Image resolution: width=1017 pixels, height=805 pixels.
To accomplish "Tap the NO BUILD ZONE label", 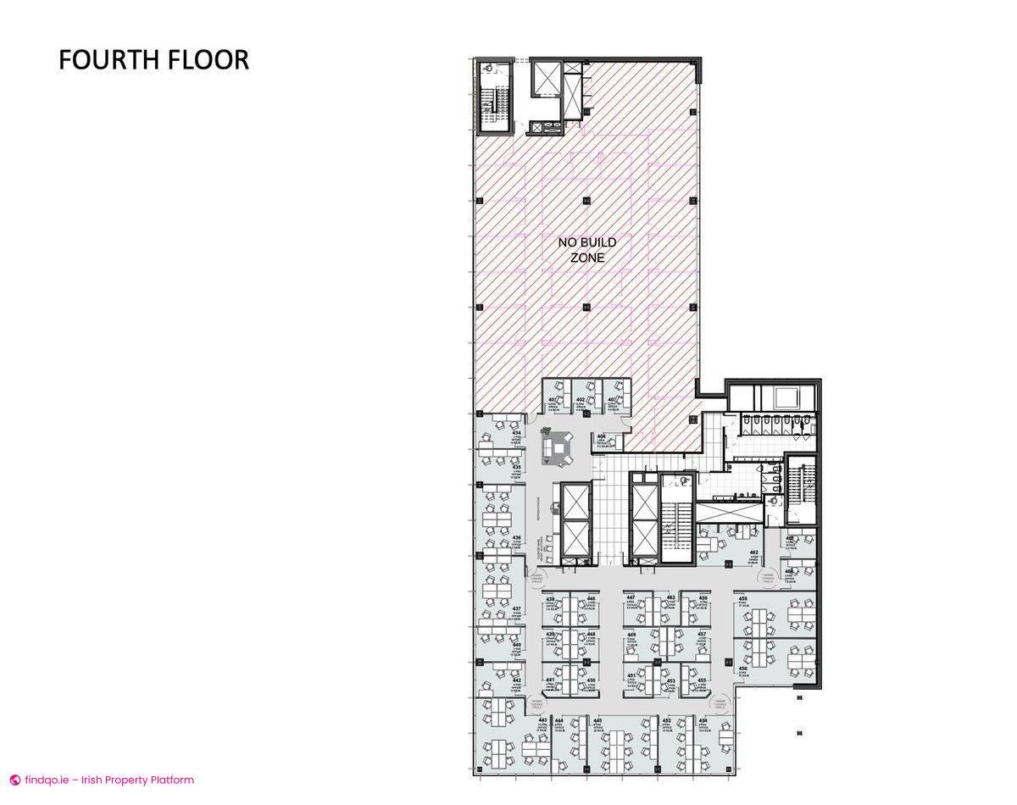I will pos(586,250).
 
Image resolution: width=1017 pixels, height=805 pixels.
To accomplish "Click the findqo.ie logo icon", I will pos(14,780).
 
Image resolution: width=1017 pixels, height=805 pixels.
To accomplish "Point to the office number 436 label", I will pos(516,538).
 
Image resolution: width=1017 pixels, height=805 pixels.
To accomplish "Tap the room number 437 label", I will pos(516,609).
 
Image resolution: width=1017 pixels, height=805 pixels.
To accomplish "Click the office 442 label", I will pos(516,680).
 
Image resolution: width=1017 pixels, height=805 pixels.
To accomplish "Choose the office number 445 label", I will pos(597,721).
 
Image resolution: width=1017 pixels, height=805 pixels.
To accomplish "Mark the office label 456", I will pos(742,669).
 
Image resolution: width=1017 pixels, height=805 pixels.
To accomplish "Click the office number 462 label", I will pos(753,552).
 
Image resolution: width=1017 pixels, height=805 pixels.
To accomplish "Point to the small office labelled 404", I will pos(601,436).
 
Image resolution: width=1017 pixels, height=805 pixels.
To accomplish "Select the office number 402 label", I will pos(581,400).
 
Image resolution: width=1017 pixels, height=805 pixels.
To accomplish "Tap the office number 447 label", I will pos(631,598).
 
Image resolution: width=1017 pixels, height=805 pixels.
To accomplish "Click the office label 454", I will pos(703,721).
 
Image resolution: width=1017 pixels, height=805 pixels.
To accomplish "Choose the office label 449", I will pos(631,635).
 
